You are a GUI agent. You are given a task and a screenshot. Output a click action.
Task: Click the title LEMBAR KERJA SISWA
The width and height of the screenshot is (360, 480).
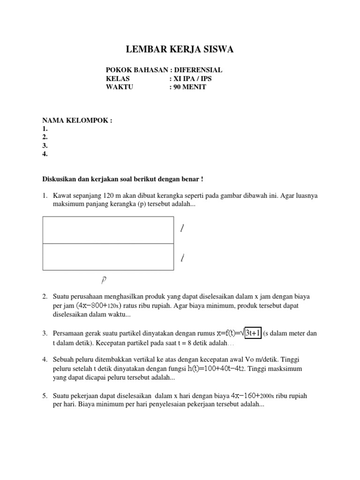pyautogui.click(x=180, y=50)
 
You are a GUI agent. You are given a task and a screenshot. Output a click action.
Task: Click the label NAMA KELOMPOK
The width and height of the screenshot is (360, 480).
pyautogui.click(x=77, y=120)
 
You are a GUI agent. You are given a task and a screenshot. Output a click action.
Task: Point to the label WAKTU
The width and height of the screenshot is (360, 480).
pyautogui.click(x=120, y=87)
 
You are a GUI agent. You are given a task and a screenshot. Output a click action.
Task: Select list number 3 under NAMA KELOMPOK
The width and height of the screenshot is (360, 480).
pyautogui.click(x=45, y=146)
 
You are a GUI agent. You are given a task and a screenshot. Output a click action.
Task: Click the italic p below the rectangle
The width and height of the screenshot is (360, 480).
pyautogui.click(x=104, y=280)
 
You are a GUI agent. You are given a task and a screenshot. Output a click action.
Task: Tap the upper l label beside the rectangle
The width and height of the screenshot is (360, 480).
pyautogui.click(x=182, y=228)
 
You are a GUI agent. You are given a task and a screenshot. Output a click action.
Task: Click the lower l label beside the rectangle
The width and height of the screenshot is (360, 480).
pyautogui.click(x=182, y=257)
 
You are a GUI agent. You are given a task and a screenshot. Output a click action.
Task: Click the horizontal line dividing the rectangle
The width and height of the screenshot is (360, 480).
pyautogui.click(x=107, y=243)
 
